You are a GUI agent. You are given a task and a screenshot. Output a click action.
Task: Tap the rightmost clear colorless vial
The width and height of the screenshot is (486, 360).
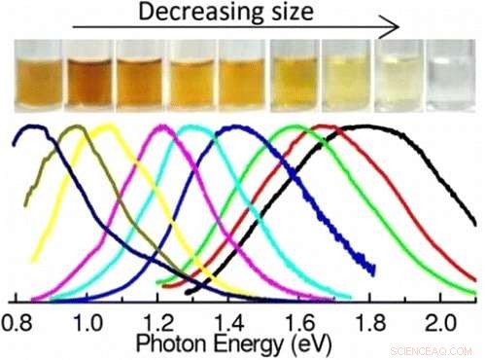(x=451, y=81)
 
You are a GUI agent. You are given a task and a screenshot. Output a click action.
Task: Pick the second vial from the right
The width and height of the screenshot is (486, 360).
(x=399, y=81)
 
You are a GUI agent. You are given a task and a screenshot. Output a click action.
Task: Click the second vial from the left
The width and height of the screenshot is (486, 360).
(x=89, y=81)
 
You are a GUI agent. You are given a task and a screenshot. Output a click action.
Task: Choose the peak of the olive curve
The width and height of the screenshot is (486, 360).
(x=73, y=127)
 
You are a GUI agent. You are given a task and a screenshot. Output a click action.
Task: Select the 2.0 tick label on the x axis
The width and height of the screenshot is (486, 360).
(x=441, y=320)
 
